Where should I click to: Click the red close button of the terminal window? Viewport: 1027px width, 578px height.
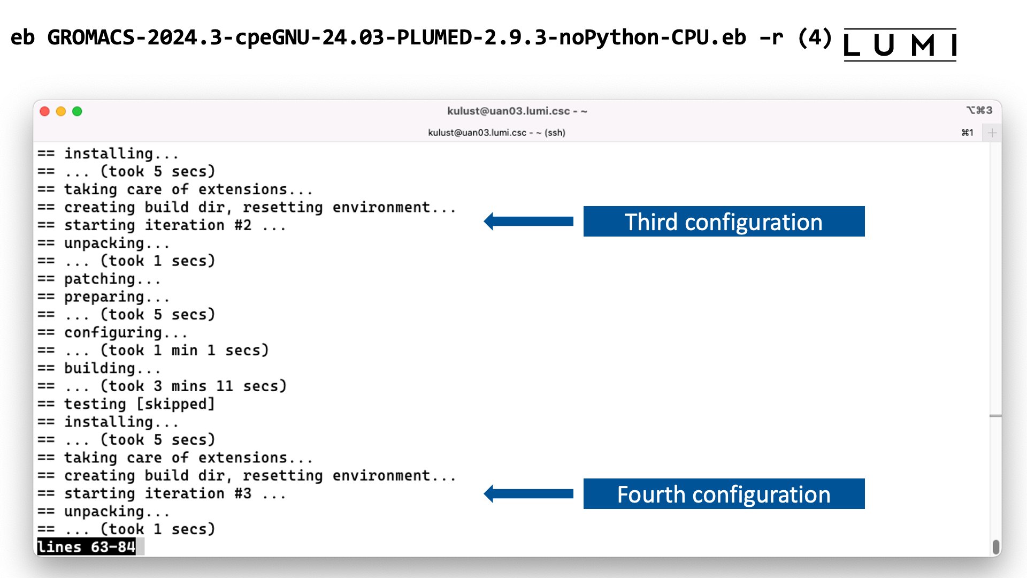click(x=45, y=111)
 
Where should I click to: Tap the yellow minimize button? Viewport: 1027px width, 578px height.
click(x=61, y=111)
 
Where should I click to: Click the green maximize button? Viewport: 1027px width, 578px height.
click(x=77, y=111)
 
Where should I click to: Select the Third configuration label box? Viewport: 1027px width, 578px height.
click(x=724, y=222)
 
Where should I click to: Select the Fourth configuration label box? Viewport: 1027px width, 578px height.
click(x=724, y=494)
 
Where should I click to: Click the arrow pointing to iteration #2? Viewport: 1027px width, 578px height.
click(x=528, y=222)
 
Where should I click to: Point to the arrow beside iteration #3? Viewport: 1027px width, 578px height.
click(x=528, y=493)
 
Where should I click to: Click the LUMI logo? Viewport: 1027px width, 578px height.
click(x=900, y=45)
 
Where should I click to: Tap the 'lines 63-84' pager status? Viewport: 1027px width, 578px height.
click(x=86, y=547)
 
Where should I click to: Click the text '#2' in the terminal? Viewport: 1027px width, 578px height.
click(x=243, y=225)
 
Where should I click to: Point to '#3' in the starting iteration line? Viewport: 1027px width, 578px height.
click(x=243, y=493)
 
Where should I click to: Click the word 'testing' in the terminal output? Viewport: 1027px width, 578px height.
click(x=95, y=404)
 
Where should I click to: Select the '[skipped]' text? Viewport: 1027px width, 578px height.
click(x=175, y=404)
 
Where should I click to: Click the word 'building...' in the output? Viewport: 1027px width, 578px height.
click(x=112, y=368)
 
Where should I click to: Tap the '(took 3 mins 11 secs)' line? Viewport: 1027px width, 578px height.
click(x=193, y=386)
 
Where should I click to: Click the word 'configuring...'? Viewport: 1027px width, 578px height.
click(x=126, y=333)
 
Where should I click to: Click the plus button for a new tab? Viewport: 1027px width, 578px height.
click(x=992, y=133)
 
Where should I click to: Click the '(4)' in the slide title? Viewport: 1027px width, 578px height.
click(x=815, y=37)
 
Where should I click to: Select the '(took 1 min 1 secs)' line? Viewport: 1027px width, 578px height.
click(x=185, y=351)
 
